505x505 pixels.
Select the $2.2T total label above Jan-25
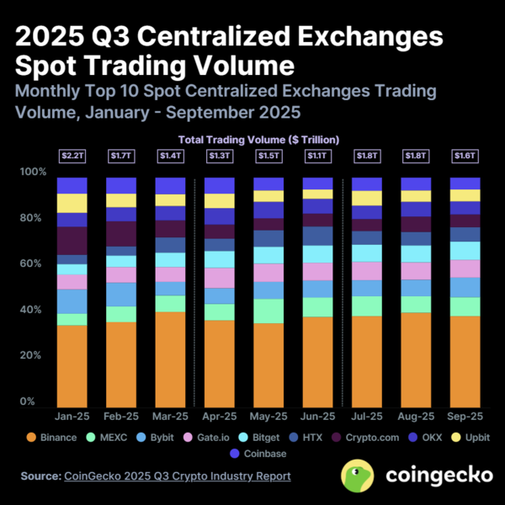(72, 156)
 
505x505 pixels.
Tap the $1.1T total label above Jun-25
(317, 156)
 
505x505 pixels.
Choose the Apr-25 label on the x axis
(220, 417)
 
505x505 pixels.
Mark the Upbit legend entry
(470, 438)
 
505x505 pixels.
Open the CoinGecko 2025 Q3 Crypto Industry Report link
(178, 476)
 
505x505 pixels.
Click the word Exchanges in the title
(374, 38)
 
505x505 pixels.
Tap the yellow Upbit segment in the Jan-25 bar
(72, 203)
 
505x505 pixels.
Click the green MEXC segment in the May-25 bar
(268, 311)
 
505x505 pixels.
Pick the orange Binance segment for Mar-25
(170, 359)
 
